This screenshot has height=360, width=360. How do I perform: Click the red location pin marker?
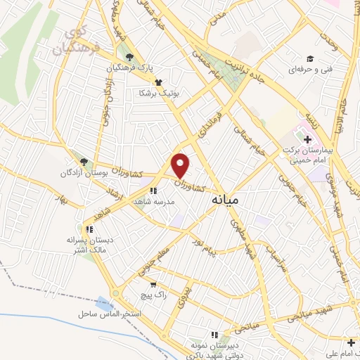point(181,166)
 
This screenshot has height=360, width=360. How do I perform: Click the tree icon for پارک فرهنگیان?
point(128,57)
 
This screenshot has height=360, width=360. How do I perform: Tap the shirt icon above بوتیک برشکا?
point(159,82)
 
